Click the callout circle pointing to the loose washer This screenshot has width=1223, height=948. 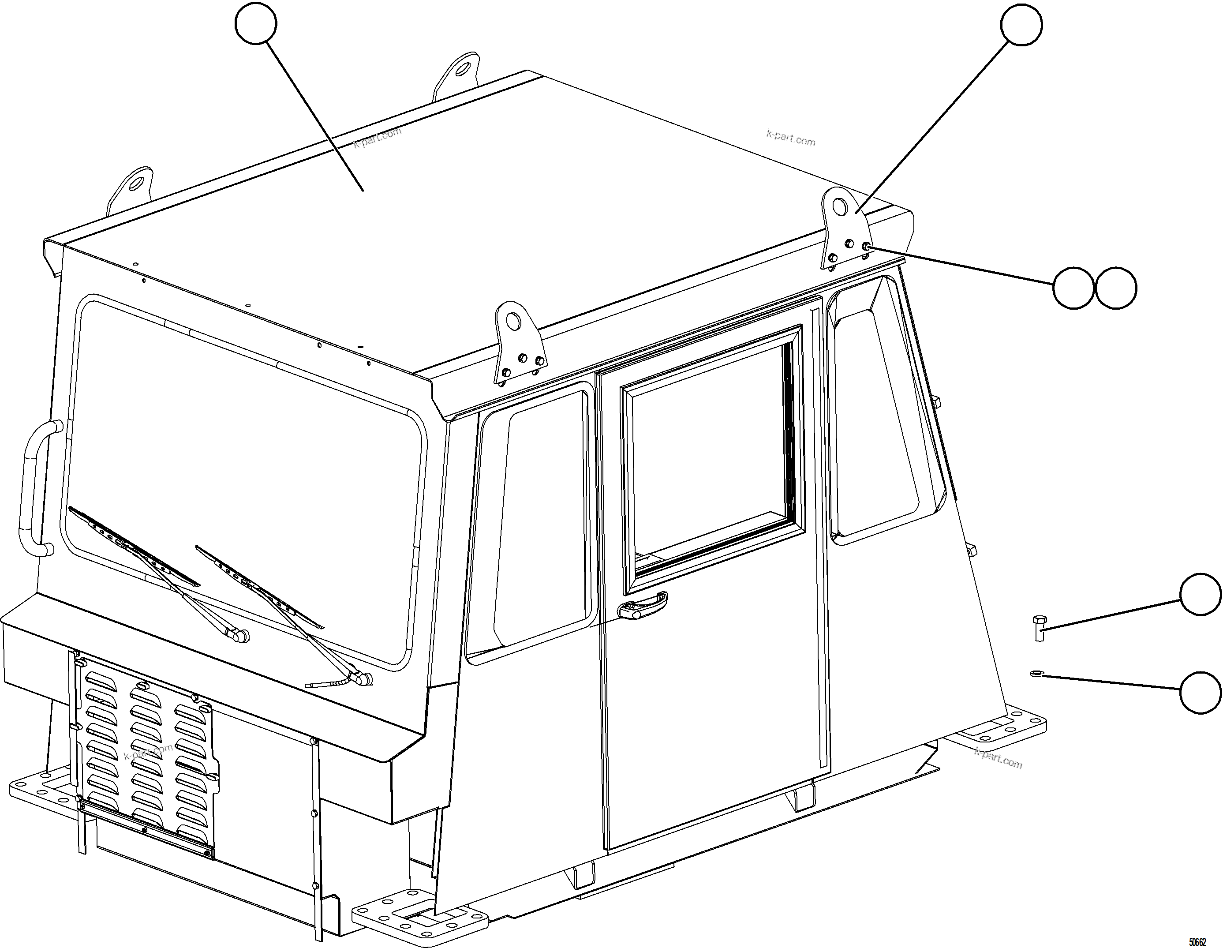click(x=1200, y=693)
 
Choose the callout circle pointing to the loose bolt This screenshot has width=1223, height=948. click(x=1200, y=594)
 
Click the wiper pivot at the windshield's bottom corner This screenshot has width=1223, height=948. click(x=364, y=678)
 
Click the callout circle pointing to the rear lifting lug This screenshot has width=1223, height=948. click(x=1021, y=24)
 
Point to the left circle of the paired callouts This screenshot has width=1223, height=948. click(x=1073, y=288)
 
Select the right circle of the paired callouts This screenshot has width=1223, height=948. click(x=1115, y=288)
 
